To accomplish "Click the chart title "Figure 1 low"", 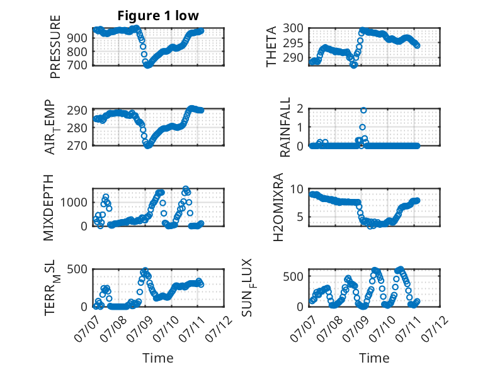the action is click(158, 16).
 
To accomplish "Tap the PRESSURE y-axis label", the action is click(55, 47).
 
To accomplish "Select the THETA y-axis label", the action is click(271, 47).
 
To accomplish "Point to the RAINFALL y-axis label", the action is click(285, 127).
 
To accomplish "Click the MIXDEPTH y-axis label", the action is click(48, 208).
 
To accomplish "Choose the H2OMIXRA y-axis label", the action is click(278, 207).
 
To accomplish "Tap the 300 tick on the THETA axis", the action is click(293, 28).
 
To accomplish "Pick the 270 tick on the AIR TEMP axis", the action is click(77, 145).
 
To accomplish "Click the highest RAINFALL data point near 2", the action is click(363, 110).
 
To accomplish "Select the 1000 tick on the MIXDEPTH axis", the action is click(74, 203).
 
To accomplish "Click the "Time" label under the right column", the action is click(374, 358).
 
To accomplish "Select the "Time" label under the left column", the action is click(158, 358).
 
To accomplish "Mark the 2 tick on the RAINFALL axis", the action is click(300, 109).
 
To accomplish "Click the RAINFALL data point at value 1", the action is click(362, 127).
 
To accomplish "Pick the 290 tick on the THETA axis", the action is click(293, 58).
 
